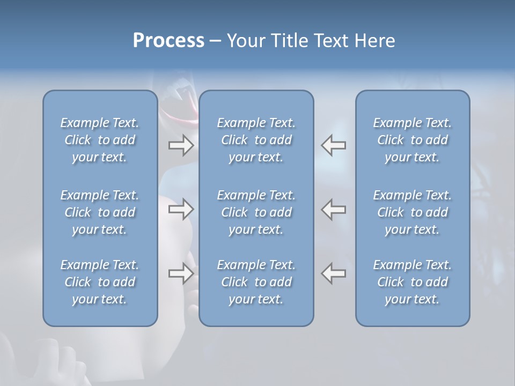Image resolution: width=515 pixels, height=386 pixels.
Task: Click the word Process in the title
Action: [168, 41]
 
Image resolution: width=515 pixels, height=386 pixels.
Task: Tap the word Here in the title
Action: [374, 41]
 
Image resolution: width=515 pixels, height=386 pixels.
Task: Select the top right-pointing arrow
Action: [181, 145]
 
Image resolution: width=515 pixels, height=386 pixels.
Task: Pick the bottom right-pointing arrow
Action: [181, 273]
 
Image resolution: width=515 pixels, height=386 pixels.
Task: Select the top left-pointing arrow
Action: [334, 145]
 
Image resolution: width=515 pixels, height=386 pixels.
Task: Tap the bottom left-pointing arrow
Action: [334, 273]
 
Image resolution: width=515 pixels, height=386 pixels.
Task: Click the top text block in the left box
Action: [100, 140]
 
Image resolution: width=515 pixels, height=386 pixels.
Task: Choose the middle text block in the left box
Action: [100, 212]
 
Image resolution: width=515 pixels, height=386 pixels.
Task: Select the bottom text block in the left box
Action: [100, 282]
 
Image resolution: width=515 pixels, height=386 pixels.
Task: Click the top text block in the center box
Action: [256, 140]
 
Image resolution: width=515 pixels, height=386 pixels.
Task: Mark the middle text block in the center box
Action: [256, 212]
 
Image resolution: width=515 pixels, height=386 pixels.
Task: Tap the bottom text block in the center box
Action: [256, 282]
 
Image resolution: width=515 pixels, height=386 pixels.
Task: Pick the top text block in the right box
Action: [412, 140]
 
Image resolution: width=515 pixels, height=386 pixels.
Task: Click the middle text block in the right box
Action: [412, 212]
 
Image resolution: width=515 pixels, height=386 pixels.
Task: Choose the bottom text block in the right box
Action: [412, 282]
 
